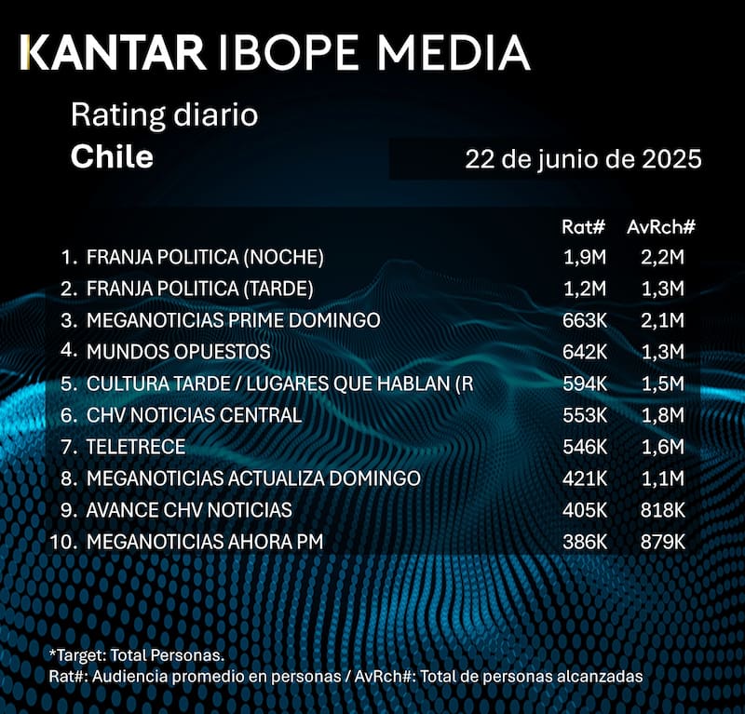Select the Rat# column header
coord(585,227)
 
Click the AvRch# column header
coord(662,227)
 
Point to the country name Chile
coord(112,156)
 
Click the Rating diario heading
coord(164,116)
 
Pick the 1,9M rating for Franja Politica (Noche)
coord(585,257)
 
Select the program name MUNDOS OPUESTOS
coord(178,352)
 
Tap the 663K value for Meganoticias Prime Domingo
coord(585,320)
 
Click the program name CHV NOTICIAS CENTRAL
coord(194,415)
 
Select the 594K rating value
coord(585,384)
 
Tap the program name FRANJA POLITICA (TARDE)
coord(206,289)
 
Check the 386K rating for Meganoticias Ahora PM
coord(585,542)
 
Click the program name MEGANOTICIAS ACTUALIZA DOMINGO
coord(253,478)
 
